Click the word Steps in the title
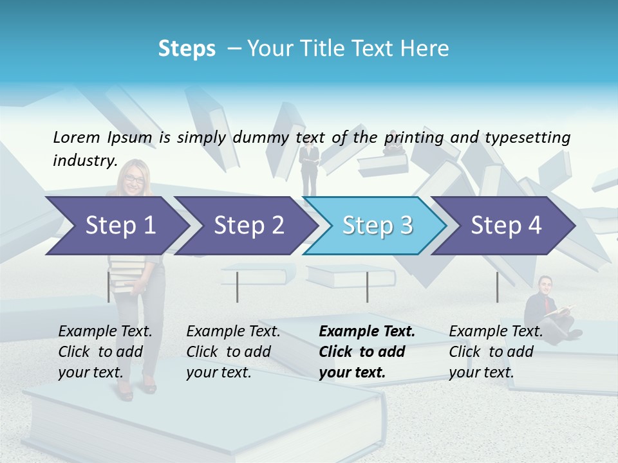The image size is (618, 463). [x=187, y=49]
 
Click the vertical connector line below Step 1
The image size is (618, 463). [x=108, y=287]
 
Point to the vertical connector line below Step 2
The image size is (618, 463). [x=237, y=287]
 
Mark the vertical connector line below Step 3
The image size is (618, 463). [x=367, y=287]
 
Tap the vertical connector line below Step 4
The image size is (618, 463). [x=497, y=287]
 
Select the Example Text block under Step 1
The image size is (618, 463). [x=105, y=351]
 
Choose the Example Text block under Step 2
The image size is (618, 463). [x=233, y=351]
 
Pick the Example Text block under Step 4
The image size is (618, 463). [x=496, y=351]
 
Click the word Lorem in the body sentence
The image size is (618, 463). [x=77, y=137]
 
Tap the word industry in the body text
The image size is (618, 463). [x=84, y=160]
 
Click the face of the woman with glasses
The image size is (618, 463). [x=135, y=178]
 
